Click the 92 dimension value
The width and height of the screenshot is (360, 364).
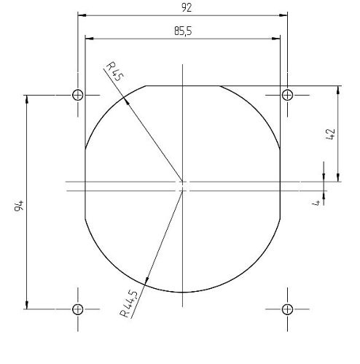click(187, 8)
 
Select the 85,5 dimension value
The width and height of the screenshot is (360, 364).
click(183, 31)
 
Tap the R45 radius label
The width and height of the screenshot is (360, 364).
click(115, 71)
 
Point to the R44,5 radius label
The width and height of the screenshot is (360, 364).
click(129, 303)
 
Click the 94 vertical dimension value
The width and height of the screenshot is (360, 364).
click(19, 206)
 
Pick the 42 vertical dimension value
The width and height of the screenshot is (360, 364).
click(330, 134)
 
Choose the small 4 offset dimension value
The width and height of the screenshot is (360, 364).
click(316, 203)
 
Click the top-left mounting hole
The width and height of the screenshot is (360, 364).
click(78, 95)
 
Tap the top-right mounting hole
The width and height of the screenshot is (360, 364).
click(287, 95)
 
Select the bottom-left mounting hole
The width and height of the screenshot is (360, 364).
click(78, 309)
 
